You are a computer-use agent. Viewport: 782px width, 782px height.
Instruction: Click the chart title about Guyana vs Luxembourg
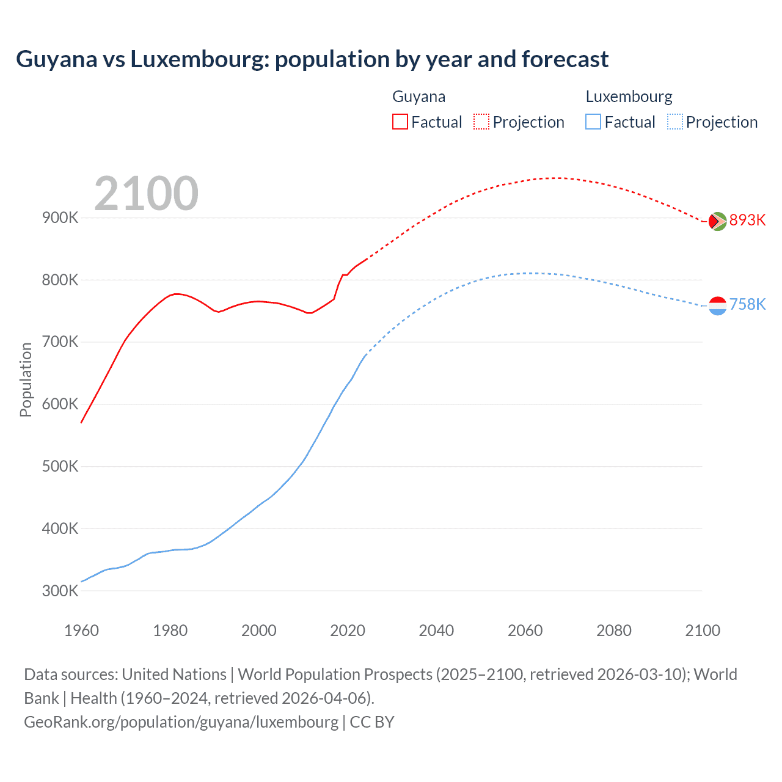pyautogui.click(x=312, y=59)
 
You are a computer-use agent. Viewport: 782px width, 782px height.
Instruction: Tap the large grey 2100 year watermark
pyautogui.click(x=146, y=194)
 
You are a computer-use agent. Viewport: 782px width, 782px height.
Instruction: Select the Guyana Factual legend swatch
pyautogui.click(x=400, y=122)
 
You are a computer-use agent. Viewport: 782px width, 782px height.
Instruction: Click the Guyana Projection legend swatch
pyautogui.click(x=481, y=122)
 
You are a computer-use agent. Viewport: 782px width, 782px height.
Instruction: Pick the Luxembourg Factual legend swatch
pyautogui.click(x=593, y=122)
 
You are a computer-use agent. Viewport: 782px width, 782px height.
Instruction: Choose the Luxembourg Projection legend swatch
pyautogui.click(x=675, y=122)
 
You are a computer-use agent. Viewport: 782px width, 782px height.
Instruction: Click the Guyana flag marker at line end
pyautogui.click(x=717, y=221)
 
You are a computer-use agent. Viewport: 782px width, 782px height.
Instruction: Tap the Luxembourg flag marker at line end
pyautogui.click(x=717, y=305)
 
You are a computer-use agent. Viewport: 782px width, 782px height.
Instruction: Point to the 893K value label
pyautogui.click(x=747, y=220)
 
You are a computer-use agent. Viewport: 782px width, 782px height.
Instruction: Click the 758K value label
pyautogui.click(x=747, y=304)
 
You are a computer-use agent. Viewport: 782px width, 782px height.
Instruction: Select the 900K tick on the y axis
pyautogui.click(x=60, y=218)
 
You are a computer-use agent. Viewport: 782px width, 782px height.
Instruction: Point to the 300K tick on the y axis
pyautogui.click(x=60, y=591)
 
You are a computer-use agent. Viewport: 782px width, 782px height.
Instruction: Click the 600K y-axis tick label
pyautogui.click(x=60, y=404)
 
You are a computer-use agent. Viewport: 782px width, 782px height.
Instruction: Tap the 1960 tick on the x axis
pyautogui.click(x=81, y=630)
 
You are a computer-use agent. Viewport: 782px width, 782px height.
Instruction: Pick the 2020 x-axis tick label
pyautogui.click(x=348, y=630)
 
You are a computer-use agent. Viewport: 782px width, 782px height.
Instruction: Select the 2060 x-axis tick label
pyautogui.click(x=525, y=630)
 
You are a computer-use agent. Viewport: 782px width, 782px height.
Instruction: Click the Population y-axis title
pyautogui.click(x=26, y=379)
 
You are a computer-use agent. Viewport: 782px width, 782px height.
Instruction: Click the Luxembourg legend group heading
pyautogui.click(x=629, y=97)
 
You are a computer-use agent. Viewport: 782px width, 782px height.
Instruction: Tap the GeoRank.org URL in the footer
pyautogui.click(x=181, y=722)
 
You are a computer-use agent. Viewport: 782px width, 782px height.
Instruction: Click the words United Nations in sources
pyautogui.click(x=174, y=674)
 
